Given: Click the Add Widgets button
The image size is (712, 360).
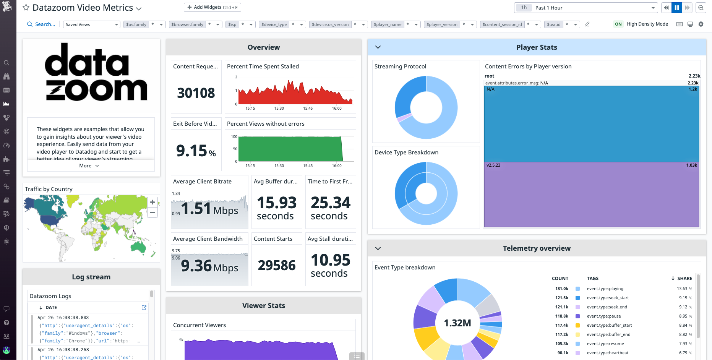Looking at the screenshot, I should (212, 7).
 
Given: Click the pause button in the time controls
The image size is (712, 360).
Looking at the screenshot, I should (677, 8).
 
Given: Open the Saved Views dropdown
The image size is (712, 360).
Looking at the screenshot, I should (91, 24).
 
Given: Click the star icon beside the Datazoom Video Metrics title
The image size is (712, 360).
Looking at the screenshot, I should (26, 8).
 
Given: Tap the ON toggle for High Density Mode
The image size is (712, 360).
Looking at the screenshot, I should (618, 24).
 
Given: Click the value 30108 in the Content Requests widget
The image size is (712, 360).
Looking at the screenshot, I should (196, 93).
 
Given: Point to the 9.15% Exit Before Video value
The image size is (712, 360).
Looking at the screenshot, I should (196, 151).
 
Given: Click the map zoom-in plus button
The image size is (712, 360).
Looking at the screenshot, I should (152, 202).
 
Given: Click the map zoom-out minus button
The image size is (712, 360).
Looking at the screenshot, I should (152, 212).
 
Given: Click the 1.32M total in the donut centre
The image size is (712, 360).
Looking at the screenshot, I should (457, 323).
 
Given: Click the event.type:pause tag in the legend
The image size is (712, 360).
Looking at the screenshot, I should (603, 316).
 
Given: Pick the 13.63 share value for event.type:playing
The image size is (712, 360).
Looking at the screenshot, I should (682, 289).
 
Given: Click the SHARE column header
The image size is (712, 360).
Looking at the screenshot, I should (684, 278).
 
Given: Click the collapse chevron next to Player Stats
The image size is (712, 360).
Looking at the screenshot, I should (378, 47).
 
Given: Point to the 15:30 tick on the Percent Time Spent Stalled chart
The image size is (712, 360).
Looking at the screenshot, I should (279, 109).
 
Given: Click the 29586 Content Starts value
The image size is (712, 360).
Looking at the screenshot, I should (277, 265).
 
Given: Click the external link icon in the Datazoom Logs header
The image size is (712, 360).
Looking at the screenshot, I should (144, 308).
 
